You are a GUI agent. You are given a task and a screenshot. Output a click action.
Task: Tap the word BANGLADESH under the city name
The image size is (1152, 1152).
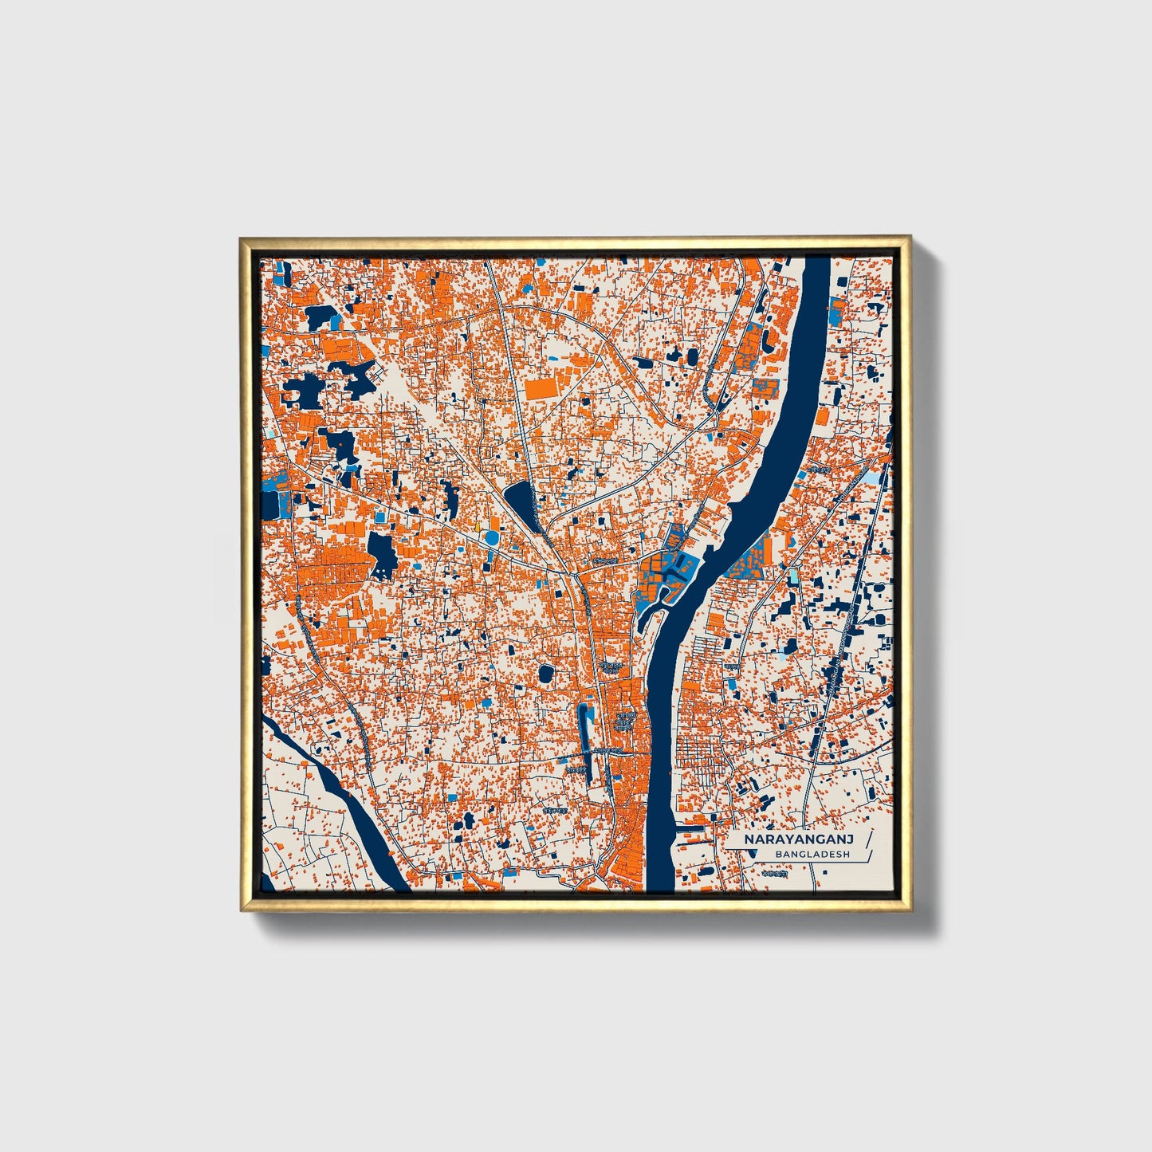pyautogui.click(x=812, y=854)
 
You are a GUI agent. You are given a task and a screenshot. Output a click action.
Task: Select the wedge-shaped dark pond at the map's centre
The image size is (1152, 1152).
pyautogui.click(x=522, y=504)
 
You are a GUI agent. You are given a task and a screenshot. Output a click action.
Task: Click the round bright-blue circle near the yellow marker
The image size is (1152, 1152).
pyautogui.click(x=492, y=540)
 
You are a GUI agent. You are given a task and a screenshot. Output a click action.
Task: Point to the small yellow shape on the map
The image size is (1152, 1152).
pyautogui.click(x=477, y=526)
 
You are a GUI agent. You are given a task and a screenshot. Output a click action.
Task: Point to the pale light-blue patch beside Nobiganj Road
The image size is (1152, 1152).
pyautogui.click(x=875, y=478)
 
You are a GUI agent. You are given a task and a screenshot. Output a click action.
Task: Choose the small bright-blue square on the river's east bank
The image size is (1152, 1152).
pyautogui.click(x=835, y=306)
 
